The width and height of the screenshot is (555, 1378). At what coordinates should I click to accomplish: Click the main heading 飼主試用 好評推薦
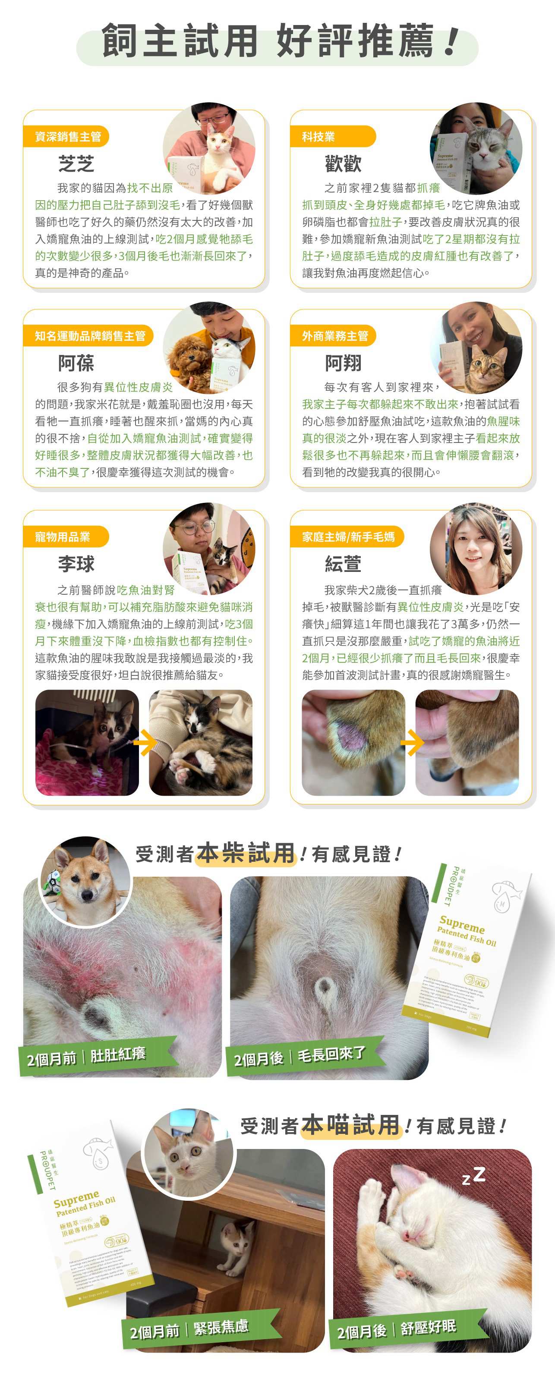click(x=277, y=42)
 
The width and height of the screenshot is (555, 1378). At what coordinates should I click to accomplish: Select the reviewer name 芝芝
click(x=76, y=164)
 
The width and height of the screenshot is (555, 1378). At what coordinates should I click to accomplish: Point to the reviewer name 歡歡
click(x=343, y=164)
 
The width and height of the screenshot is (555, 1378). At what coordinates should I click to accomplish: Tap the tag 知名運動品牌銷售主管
click(x=89, y=336)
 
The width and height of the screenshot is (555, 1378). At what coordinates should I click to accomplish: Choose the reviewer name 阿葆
click(x=76, y=364)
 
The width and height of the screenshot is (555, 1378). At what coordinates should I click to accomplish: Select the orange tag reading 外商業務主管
click(x=334, y=336)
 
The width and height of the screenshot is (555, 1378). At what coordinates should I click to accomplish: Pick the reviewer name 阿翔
click(x=343, y=364)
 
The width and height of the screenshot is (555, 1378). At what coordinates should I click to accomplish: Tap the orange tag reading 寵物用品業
click(x=63, y=537)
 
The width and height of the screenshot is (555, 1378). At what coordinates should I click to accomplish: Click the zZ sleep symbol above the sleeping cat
click(x=474, y=1176)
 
